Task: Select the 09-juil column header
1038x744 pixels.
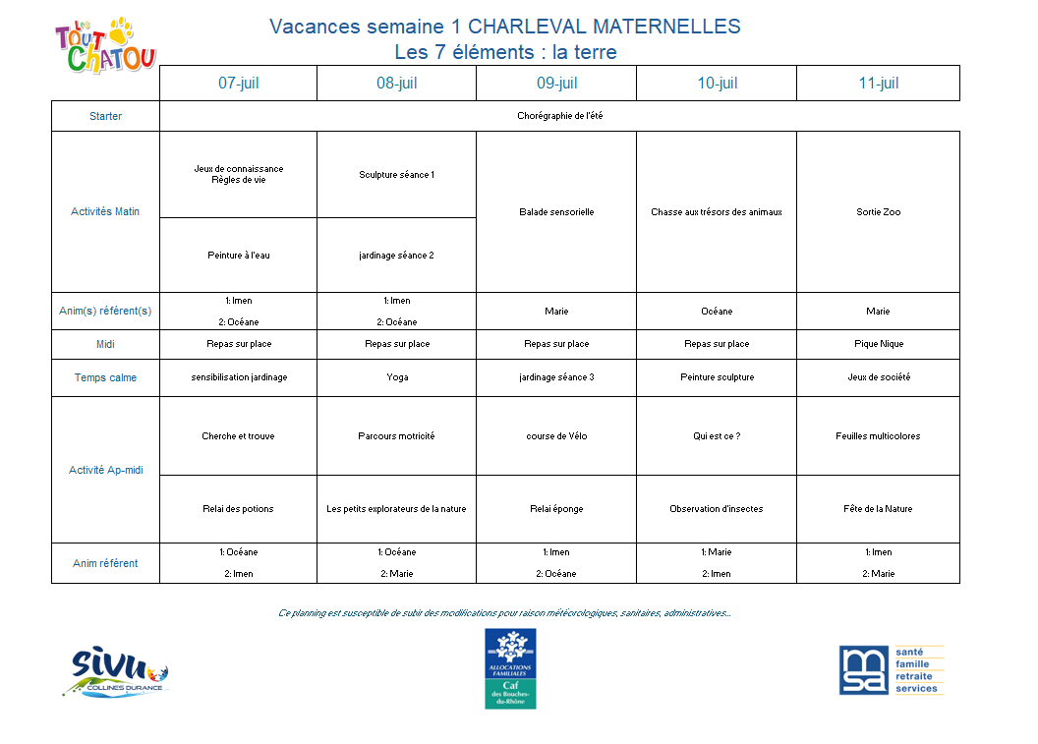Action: pos(556,84)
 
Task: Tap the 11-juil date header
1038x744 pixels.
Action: pos(878,84)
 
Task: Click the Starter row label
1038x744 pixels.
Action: pos(105,116)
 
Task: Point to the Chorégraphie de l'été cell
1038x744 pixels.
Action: pos(559,116)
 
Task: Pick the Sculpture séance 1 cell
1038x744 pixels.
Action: pos(396,175)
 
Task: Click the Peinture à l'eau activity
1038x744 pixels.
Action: pos(238,256)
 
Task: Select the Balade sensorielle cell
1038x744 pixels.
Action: pos(556,212)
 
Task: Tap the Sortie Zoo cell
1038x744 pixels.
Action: pos(878,212)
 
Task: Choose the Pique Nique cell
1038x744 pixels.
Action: pos(878,344)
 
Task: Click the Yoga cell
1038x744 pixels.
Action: pos(396,377)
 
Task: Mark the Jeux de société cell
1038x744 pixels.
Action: pos(878,377)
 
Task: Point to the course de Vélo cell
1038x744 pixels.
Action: pos(556,436)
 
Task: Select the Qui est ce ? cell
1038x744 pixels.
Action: pos(716,436)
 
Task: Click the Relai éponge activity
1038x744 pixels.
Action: pos(556,509)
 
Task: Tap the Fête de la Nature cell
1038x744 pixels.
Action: pos(878,509)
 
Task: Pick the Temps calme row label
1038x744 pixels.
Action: pos(105,377)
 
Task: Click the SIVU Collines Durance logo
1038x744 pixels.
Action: pos(119,672)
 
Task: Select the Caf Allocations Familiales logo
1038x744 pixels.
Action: pos(510,668)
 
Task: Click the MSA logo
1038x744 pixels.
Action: pos(891,670)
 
